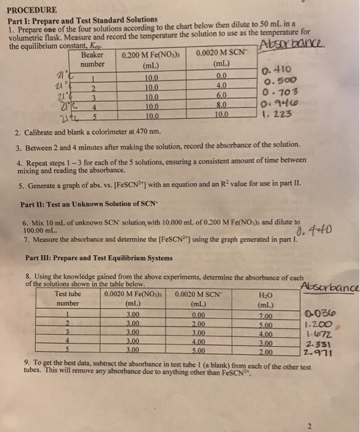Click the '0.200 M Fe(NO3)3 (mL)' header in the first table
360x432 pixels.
tap(150, 59)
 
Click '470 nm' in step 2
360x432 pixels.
tap(149, 131)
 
